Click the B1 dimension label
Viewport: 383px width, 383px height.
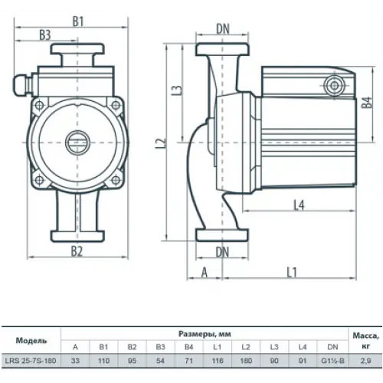tap(78, 21)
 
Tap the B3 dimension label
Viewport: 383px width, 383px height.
tap(45, 35)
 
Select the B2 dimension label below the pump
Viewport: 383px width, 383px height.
tap(77, 251)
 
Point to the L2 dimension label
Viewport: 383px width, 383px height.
tap(161, 143)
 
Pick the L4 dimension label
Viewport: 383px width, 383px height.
tap(300, 205)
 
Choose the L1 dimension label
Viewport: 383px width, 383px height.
tap(292, 273)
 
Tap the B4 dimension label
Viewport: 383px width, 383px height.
tap(367, 103)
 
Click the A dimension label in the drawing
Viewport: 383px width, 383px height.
tap(205, 273)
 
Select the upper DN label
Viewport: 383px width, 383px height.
tap(223, 29)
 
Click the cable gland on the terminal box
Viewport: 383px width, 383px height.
tap(22, 84)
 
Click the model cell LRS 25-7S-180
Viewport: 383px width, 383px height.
tap(31, 361)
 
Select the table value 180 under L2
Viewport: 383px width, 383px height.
tap(246, 361)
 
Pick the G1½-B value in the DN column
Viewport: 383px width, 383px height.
tap(332, 361)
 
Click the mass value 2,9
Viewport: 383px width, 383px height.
tap(365, 361)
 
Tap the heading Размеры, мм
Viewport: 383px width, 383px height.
tap(205, 334)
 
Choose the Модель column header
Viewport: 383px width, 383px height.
tap(31, 341)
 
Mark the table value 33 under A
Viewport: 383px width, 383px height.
tap(75, 361)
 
